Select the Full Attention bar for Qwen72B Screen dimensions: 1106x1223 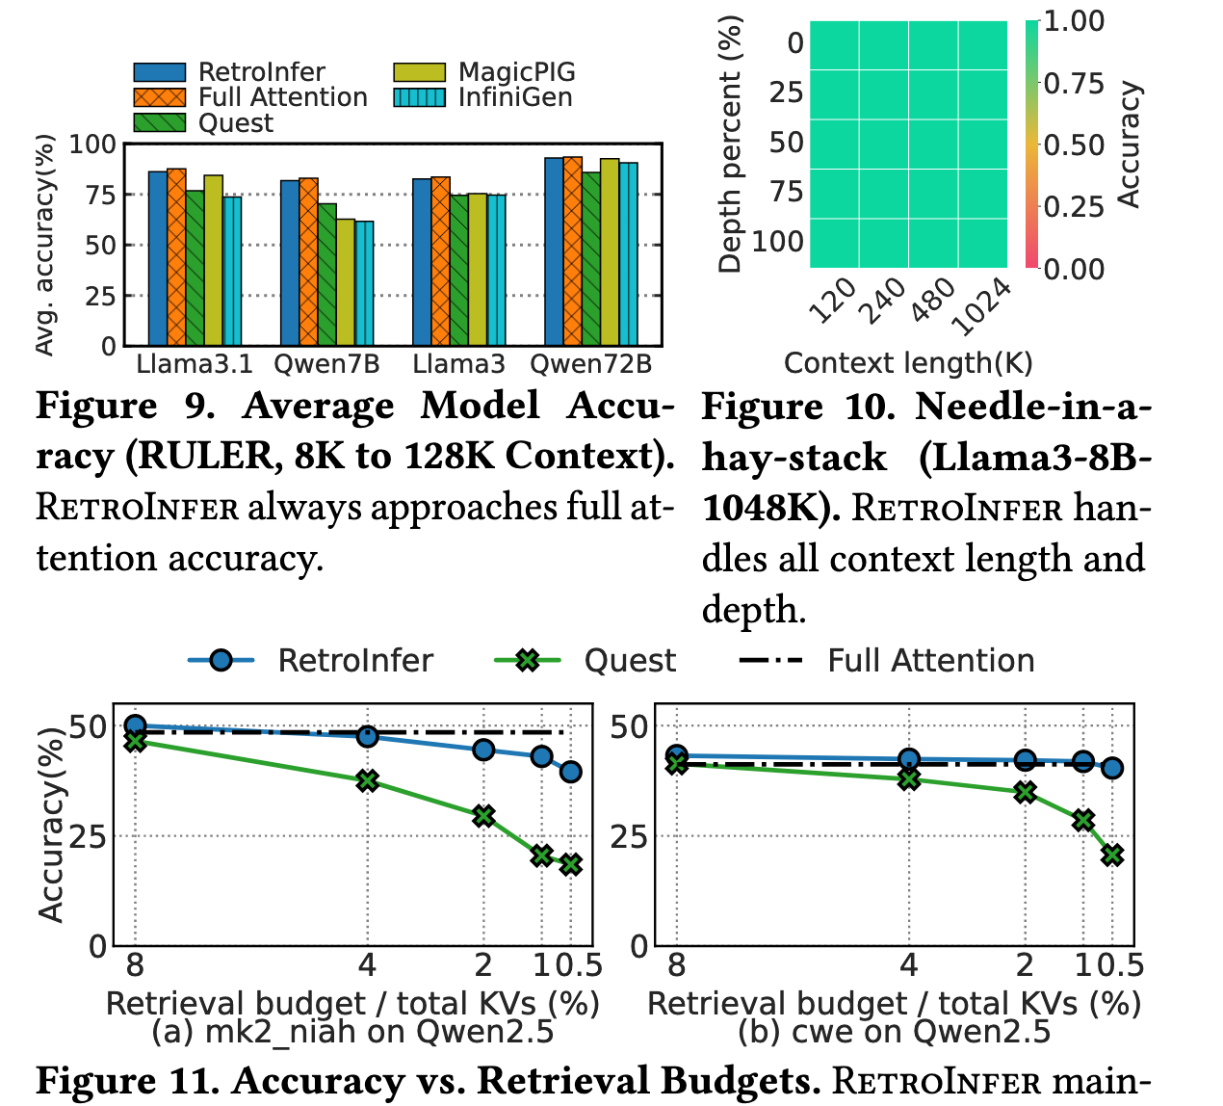pyautogui.click(x=573, y=251)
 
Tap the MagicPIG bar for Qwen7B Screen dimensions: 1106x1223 pyautogui.click(x=346, y=282)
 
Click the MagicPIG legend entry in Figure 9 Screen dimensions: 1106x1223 pyautogui.click(x=483, y=72)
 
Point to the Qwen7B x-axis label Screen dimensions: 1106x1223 pyautogui.click(x=326, y=364)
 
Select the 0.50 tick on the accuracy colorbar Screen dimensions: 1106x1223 pyautogui.click(x=1075, y=145)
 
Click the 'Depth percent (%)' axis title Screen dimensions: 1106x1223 pyautogui.click(x=731, y=145)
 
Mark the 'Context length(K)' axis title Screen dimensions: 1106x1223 pyautogui.click(x=907, y=363)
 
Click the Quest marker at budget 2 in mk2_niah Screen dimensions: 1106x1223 pyautogui.click(x=483, y=816)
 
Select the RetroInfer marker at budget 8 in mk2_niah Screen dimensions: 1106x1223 pyautogui.click(x=135, y=725)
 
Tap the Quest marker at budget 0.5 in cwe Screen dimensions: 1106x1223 pyautogui.click(x=1112, y=855)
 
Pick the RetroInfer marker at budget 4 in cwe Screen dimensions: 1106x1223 pyautogui.click(x=908, y=759)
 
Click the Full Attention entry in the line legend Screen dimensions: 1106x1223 pyautogui.click(x=886, y=661)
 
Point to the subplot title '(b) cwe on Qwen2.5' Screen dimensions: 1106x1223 pyautogui.click(x=894, y=1032)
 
